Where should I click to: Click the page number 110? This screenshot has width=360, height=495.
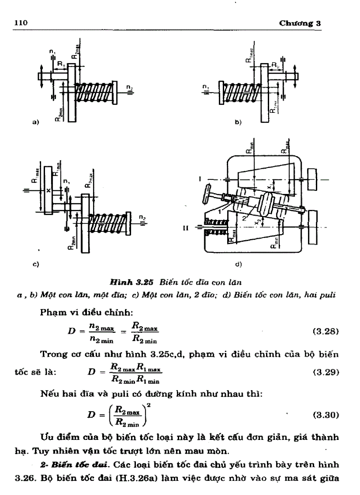[22, 23]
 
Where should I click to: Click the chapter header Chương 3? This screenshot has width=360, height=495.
[300, 23]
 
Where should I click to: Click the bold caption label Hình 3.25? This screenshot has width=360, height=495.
[133, 281]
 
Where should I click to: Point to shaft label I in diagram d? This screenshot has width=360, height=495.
[200, 179]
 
